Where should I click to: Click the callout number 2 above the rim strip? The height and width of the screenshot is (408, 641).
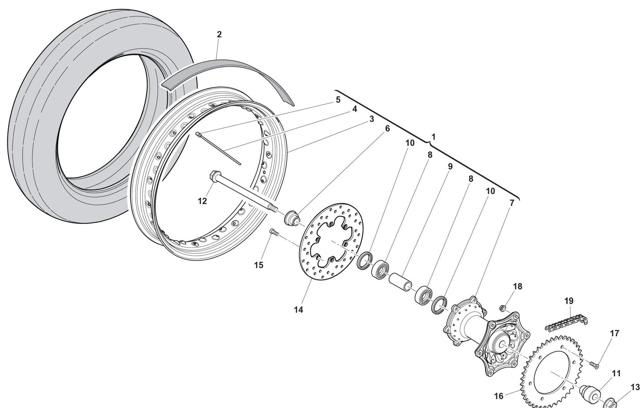[x=219, y=35]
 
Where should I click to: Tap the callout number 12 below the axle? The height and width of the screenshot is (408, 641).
[x=202, y=201]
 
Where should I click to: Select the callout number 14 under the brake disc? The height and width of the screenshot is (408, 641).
[x=298, y=310]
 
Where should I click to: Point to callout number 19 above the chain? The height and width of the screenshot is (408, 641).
[x=569, y=301]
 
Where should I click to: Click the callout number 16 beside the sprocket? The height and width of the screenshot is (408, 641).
[x=499, y=396]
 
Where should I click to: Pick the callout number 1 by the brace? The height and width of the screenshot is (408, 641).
[x=433, y=137]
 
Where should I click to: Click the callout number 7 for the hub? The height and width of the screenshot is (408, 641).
[x=512, y=203]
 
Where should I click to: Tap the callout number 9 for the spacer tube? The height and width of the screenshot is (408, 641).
[x=450, y=166]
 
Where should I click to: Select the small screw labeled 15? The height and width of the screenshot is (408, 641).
[x=273, y=232]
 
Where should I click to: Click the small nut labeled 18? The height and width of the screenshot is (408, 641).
[x=503, y=308]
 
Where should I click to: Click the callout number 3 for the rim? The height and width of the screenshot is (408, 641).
[x=371, y=119]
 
